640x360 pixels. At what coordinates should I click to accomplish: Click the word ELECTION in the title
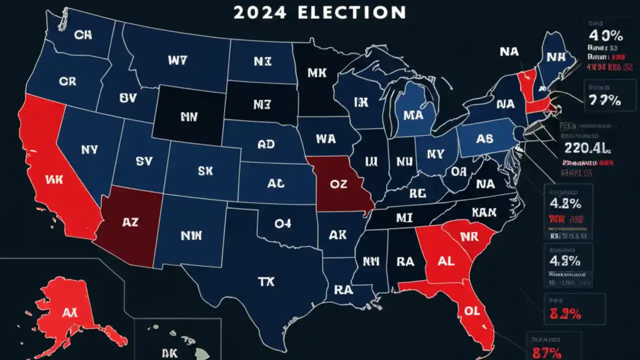pos(351,12)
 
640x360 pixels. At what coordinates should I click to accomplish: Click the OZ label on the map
pos(338,183)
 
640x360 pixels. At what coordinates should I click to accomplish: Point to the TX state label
pos(266,282)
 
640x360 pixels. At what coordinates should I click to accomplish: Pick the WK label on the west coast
pos(53,179)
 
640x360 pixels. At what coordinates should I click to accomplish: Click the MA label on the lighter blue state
pos(412,115)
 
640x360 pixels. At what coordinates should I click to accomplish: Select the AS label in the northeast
pos(484,139)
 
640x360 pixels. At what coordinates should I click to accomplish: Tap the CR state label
pos(67,81)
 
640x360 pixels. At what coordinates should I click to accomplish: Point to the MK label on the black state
pos(317,73)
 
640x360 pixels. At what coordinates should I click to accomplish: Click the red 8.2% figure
pos(565,314)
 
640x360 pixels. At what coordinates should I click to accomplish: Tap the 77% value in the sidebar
pos(604,100)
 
